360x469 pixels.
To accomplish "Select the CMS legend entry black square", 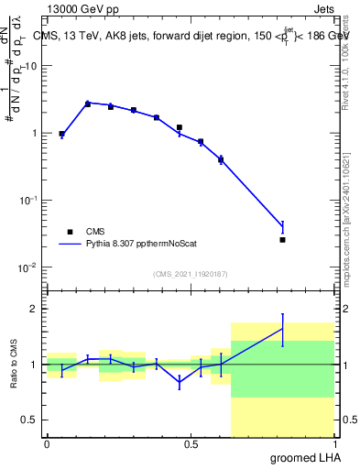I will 70,232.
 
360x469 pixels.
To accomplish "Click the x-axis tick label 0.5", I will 191,444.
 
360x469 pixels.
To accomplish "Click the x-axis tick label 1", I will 334,444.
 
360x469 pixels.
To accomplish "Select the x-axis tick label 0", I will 47,444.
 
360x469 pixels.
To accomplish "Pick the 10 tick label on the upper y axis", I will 32,66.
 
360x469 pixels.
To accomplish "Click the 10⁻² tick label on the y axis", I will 27,267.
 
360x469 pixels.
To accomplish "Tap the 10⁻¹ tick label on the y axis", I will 27,200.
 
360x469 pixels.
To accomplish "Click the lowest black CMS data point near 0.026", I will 283,240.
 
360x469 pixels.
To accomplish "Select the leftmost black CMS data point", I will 61,134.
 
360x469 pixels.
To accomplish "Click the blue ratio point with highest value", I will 283,329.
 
